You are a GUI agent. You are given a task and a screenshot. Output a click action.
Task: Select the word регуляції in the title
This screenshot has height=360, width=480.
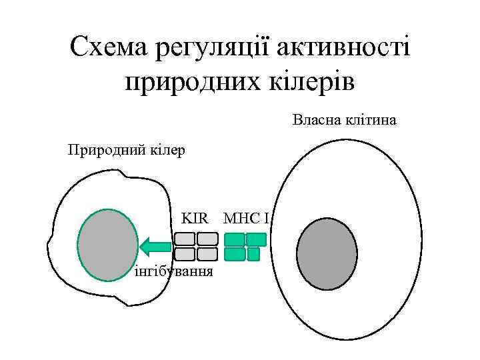click(213, 49)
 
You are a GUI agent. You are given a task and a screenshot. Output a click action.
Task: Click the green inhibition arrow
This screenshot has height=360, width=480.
click(154, 247)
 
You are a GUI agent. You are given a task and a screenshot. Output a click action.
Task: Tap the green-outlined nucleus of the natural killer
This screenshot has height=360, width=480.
click(107, 246)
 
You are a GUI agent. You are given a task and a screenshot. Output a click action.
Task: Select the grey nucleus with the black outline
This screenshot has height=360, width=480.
click(327, 254)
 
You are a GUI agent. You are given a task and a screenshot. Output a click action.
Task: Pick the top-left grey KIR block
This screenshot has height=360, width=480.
click(185, 239)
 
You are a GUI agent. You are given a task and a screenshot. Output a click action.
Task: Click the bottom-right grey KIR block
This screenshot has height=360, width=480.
click(207, 254)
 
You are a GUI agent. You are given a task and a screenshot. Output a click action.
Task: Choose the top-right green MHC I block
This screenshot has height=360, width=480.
click(256, 239)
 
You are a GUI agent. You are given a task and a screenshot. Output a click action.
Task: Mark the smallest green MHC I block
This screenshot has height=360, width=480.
click(253, 254)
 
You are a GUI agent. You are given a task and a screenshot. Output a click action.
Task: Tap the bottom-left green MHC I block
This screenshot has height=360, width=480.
click(235, 254)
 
